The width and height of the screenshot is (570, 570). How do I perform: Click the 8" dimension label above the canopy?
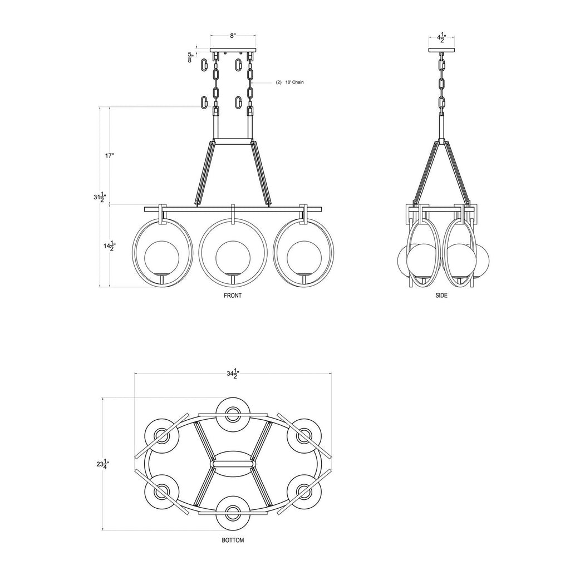tap(233, 36)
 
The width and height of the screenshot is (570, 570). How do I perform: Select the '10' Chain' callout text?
tap(289, 82)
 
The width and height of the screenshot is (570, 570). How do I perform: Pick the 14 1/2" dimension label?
tap(109, 246)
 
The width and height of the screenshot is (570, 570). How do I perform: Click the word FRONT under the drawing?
tap(233, 296)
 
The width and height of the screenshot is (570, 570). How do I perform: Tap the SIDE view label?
tap(441, 296)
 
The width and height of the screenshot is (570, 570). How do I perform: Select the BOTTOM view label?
tap(233, 540)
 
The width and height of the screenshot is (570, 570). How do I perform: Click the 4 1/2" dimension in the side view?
tap(441, 38)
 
